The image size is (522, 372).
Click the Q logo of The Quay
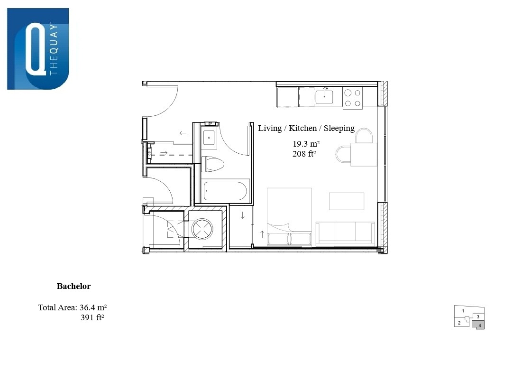coord(38,49)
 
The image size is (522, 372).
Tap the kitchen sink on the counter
coord(324,97)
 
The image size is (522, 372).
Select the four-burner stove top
coord(353,98)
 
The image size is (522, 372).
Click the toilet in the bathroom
coord(213,164)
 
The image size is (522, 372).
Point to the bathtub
coord(225,191)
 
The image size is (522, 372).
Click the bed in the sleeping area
coord(289,217)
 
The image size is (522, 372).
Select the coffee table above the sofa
coord(347,201)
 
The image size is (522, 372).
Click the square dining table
coord(364,155)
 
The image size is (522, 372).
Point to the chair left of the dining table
coord(343,155)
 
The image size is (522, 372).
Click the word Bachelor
coord(73,286)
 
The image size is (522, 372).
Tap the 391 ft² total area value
coord(92,317)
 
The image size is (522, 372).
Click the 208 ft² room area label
coord(304,154)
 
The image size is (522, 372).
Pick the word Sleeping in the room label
coord(339,128)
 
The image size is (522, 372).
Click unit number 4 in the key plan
coord(480,325)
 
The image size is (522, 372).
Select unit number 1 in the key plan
coord(463,311)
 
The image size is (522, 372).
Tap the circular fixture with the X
coord(202,229)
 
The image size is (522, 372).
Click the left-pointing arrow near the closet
coord(183,133)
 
